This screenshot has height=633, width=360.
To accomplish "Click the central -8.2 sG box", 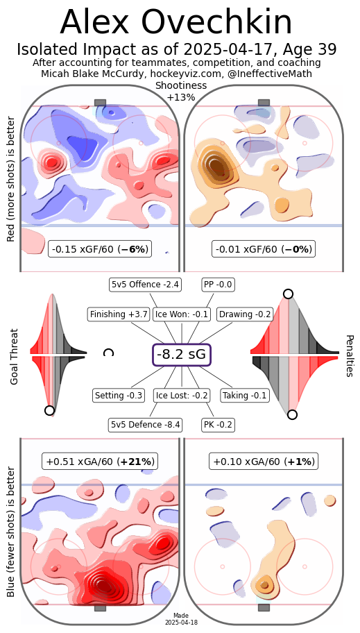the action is [x=182, y=355].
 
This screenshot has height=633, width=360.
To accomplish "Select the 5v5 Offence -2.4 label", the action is [x=145, y=285].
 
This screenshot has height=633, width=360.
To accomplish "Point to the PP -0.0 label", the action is [x=218, y=285].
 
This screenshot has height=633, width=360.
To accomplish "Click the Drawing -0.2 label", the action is [x=245, y=314].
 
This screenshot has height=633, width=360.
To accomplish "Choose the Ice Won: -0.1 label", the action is [x=182, y=314].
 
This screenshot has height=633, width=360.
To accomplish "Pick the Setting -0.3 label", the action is [x=119, y=395].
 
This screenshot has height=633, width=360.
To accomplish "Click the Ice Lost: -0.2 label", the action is [x=182, y=395].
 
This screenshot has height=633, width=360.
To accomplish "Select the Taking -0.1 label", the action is [x=245, y=395].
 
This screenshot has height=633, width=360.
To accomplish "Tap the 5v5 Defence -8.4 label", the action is [x=145, y=425].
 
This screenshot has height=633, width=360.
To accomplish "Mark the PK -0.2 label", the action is [x=218, y=425].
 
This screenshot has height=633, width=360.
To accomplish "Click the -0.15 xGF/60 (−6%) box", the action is [x=100, y=249].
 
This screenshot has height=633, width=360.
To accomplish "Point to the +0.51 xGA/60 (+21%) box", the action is [x=100, y=462].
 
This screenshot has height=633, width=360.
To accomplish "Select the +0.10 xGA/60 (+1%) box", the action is [x=264, y=462].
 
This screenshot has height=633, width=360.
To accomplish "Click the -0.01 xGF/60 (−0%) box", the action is [x=264, y=249].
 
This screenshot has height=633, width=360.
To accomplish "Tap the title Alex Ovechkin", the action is [x=176, y=23].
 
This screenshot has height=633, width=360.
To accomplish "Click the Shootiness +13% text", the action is [x=181, y=91].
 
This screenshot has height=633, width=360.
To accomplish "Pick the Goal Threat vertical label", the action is [x=15, y=357].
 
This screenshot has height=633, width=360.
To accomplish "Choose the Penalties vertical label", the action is [x=350, y=355].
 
